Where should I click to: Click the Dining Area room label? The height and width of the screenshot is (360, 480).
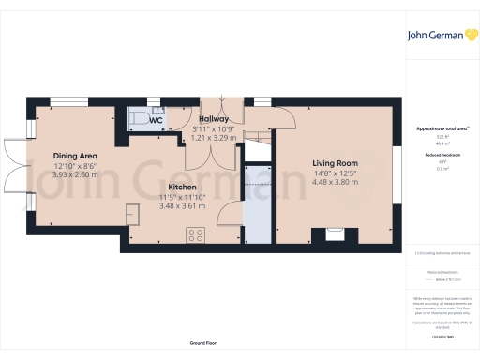tap(76, 156)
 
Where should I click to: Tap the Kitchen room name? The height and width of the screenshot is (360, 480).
tap(182, 187)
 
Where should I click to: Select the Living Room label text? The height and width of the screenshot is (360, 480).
tap(336, 163)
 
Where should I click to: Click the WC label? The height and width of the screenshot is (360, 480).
tap(157, 121)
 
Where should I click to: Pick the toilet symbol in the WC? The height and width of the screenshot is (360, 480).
tap(136, 118)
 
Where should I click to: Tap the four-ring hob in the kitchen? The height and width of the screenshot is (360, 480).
tap(196, 236)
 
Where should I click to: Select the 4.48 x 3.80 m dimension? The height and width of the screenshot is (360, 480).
tap(336, 183)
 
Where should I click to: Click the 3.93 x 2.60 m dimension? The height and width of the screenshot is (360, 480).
tap(76, 174)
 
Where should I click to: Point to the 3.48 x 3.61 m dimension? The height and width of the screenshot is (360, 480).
tap(182, 205)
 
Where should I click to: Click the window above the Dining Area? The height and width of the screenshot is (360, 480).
tap(65, 99)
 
